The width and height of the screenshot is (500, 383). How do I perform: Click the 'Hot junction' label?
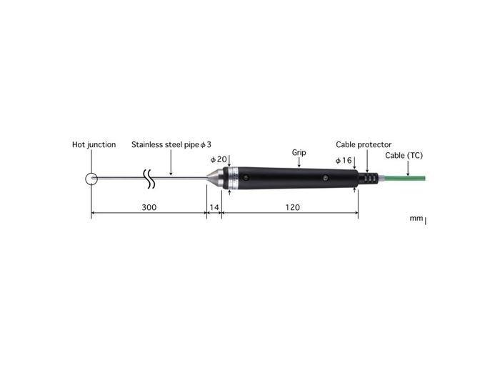(94, 145)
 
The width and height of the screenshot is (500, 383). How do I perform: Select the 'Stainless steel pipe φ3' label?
(171, 145)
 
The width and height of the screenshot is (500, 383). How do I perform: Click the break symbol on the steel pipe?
(150, 179)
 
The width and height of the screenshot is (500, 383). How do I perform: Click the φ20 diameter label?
(219, 159)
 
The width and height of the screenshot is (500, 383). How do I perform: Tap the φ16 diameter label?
(344, 161)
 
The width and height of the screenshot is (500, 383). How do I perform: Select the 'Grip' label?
(299, 153)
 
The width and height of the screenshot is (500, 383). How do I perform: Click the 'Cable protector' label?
(364, 145)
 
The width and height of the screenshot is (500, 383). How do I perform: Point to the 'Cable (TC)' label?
(404, 154)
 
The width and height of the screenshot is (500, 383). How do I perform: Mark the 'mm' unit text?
(416, 219)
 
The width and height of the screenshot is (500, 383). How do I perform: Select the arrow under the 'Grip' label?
(299, 164)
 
